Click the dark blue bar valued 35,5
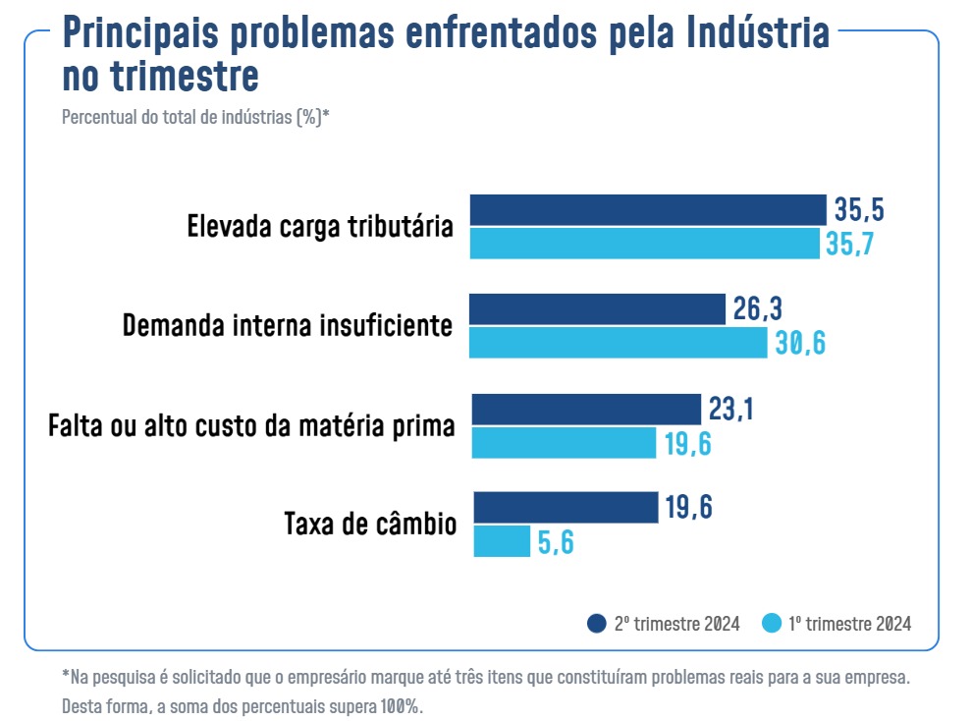(648, 210)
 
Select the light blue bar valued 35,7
(645, 244)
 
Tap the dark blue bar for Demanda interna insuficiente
(597, 309)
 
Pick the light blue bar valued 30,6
(619, 343)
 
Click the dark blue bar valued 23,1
(586, 409)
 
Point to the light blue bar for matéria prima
(564, 443)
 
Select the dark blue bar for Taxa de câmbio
(566, 508)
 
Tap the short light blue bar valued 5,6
(502, 542)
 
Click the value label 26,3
(758, 309)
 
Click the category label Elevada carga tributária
(320, 227)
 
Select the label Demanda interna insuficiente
(288, 326)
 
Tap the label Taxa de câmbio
(370, 524)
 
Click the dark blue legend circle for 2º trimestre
(596, 624)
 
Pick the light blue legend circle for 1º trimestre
(772, 624)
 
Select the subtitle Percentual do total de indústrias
(195, 117)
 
